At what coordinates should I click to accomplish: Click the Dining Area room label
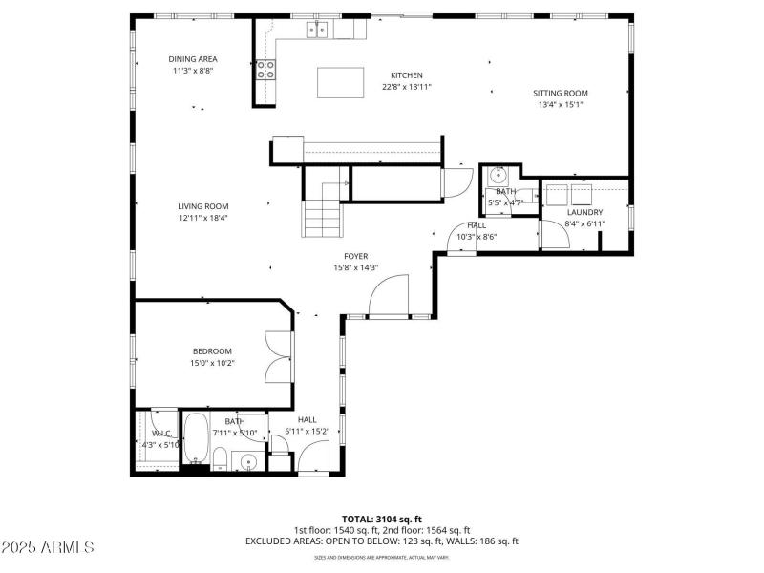(x=193, y=59)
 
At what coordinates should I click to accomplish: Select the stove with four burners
(x=265, y=69)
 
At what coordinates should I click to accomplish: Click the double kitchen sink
(x=317, y=31)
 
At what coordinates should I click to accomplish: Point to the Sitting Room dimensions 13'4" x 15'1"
(x=561, y=105)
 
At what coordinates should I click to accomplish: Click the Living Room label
(x=202, y=206)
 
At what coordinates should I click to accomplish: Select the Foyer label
(x=356, y=256)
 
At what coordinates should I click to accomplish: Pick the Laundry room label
(x=584, y=212)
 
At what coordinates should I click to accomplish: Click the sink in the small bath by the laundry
(x=498, y=176)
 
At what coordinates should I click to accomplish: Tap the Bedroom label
(x=211, y=351)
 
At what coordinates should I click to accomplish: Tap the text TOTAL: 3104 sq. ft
(x=381, y=519)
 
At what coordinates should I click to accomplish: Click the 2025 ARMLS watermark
(x=48, y=548)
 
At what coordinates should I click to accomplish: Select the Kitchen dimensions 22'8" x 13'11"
(x=406, y=87)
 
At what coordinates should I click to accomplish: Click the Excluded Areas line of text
(x=381, y=541)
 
